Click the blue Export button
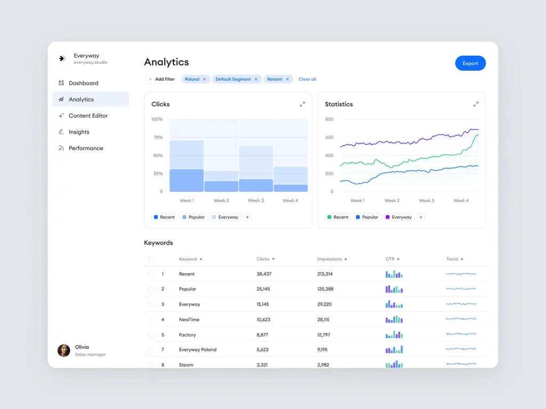470,63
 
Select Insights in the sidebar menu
79,132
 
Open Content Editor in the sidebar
88,116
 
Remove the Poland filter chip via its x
204,79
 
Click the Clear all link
307,79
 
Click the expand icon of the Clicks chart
302,104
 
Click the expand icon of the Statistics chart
476,104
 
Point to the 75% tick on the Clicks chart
158,137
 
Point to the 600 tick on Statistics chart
329,137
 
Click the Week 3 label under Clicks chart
255,201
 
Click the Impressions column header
330,259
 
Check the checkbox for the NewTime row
151,320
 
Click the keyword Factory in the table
187,335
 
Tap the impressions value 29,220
324,304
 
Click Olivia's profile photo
64,350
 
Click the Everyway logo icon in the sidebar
62,59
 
